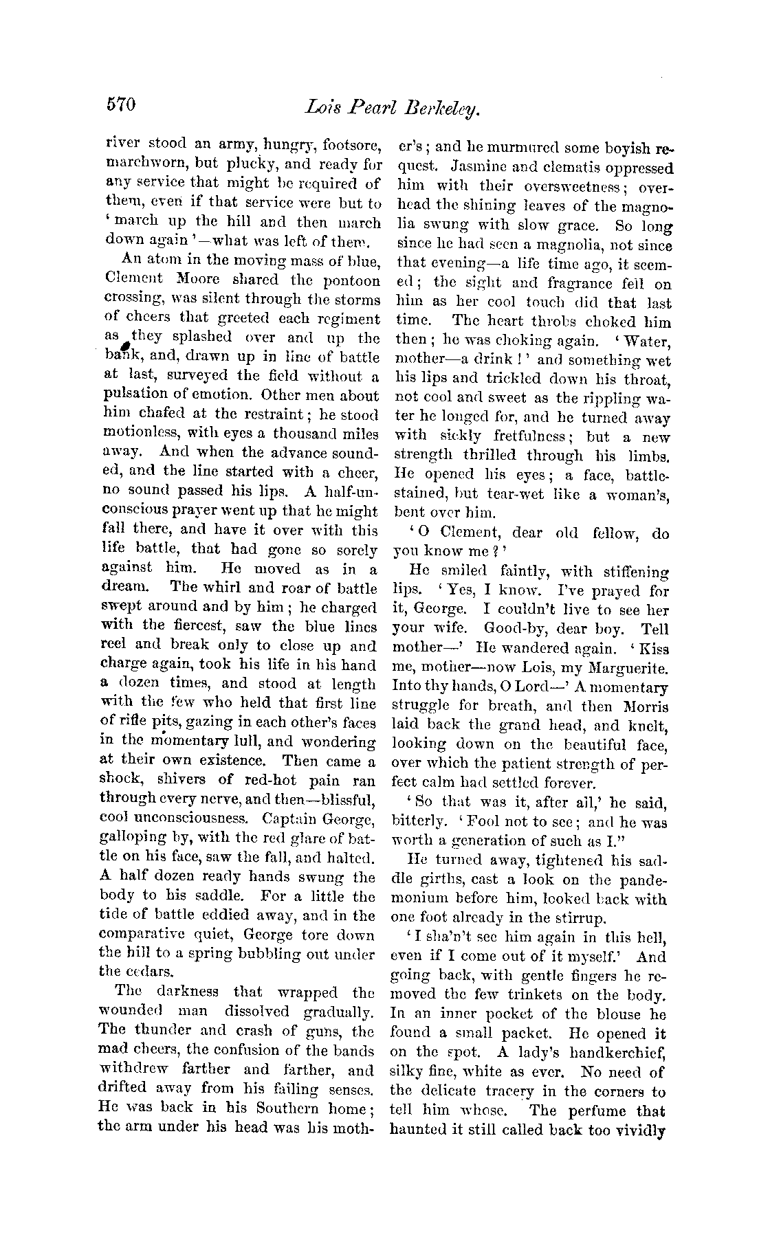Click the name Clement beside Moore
pos(134,280)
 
